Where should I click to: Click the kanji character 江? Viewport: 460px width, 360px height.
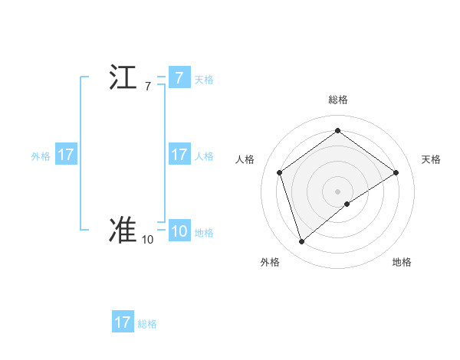pos(123,78)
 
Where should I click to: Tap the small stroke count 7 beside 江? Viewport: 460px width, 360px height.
pos(148,87)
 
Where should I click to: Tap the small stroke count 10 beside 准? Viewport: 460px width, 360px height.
pos(147,240)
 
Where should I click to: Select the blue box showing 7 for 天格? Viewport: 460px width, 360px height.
pos(179,78)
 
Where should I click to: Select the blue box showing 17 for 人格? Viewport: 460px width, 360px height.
pos(179,155)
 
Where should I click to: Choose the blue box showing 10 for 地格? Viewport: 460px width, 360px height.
pos(179,232)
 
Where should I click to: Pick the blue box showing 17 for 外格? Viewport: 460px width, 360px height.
pos(66,155)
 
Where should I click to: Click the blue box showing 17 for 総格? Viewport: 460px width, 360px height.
pos(123,322)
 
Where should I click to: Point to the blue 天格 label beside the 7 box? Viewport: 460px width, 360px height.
pos(204,80)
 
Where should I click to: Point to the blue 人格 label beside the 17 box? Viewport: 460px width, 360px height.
pos(204,156)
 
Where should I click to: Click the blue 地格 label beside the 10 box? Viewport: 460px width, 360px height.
pos(204,234)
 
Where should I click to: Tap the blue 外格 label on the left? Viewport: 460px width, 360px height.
pos(41,156)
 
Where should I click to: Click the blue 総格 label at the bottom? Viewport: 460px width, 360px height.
pos(147,324)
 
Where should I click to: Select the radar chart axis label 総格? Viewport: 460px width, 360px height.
pos(337,100)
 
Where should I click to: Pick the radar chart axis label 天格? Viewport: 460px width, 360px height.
pos(432,159)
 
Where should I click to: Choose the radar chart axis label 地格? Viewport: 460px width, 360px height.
pos(402,263)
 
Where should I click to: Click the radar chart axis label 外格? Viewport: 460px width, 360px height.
pos(270,263)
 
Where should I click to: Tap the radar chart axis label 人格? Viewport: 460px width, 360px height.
pos(245,159)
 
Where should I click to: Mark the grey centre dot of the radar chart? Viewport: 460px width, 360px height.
pos(337,191)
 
